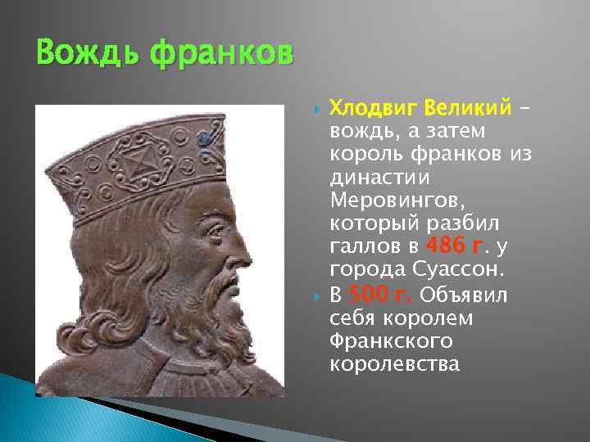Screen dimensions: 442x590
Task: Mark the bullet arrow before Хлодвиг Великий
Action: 315,108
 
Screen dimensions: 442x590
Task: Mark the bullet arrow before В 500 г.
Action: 315,295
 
